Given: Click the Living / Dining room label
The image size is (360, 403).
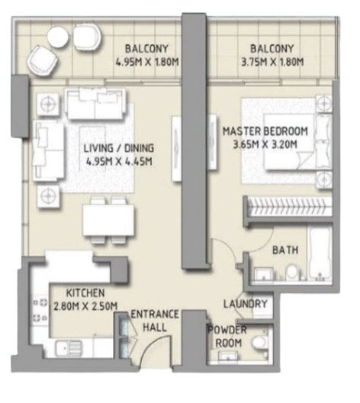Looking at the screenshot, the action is (119, 148).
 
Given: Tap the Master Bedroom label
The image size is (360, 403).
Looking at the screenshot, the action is (265, 131).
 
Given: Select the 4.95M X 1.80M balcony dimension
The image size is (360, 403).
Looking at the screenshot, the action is (147, 62).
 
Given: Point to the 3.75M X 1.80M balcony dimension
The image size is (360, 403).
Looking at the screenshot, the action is (272, 62).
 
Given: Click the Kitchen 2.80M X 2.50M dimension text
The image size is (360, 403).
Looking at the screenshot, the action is (85, 306).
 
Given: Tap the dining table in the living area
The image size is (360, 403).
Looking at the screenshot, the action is (108, 220).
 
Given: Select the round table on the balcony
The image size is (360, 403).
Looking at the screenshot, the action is (58, 37).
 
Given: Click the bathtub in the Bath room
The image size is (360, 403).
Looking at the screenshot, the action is (320, 254).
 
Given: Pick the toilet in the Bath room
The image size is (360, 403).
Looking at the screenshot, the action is (291, 272).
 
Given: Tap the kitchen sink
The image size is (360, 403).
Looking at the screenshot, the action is (69, 349).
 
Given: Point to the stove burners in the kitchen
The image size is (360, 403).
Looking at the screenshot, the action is (40, 311).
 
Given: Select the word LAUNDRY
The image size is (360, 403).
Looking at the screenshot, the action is (246, 304).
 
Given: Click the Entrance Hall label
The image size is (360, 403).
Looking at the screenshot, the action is (155, 321).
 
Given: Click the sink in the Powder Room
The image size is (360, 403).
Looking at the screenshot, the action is (228, 356).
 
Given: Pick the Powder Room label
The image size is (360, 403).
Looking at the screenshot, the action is (227, 337).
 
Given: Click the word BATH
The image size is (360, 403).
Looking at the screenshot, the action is (285, 250).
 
